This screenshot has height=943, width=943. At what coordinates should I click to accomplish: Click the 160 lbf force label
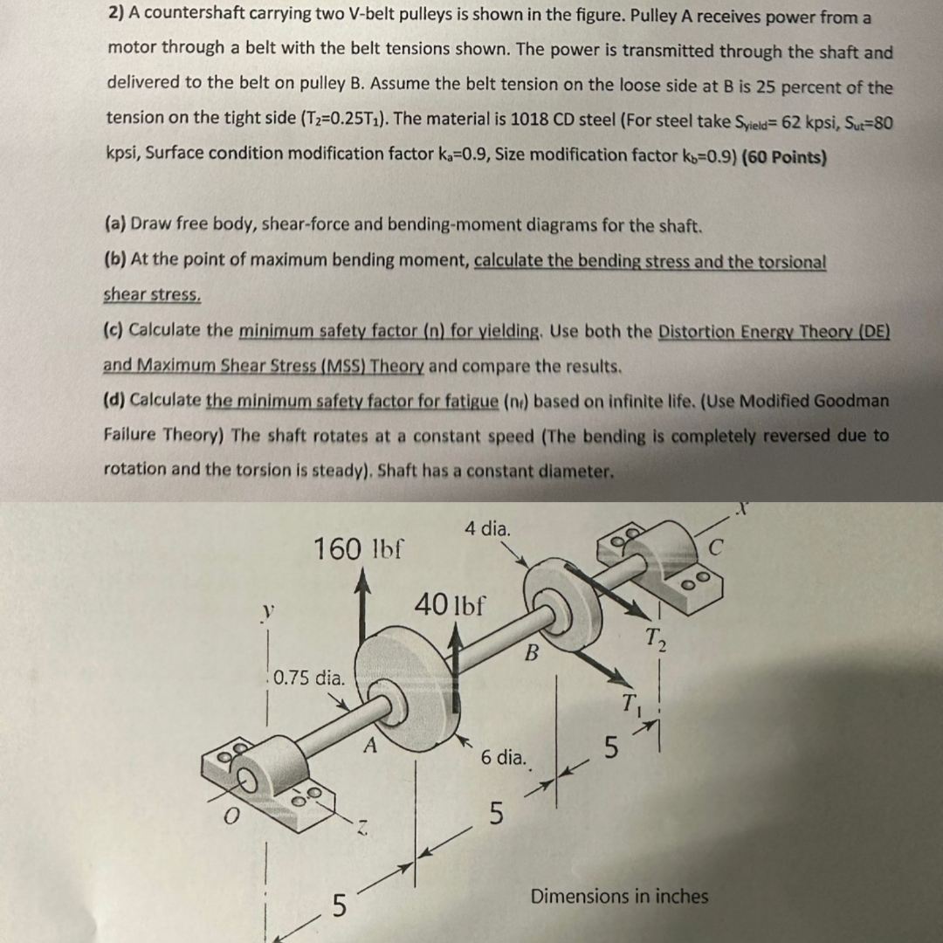pyautogui.click(x=359, y=550)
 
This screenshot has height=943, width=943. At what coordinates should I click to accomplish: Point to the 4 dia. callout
pyautogui.click(x=488, y=528)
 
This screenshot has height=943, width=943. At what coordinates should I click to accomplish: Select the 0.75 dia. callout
pyautogui.click(x=309, y=677)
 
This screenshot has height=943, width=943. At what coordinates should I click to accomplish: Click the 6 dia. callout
pyautogui.click(x=504, y=757)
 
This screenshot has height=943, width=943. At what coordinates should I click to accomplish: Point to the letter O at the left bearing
pyautogui.click(x=231, y=816)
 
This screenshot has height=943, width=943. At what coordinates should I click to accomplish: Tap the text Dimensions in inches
pyautogui.click(x=620, y=896)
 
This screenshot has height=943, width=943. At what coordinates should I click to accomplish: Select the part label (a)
pyautogui.click(x=114, y=224)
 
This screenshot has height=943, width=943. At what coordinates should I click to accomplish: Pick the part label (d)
pyautogui.click(x=114, y=401)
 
